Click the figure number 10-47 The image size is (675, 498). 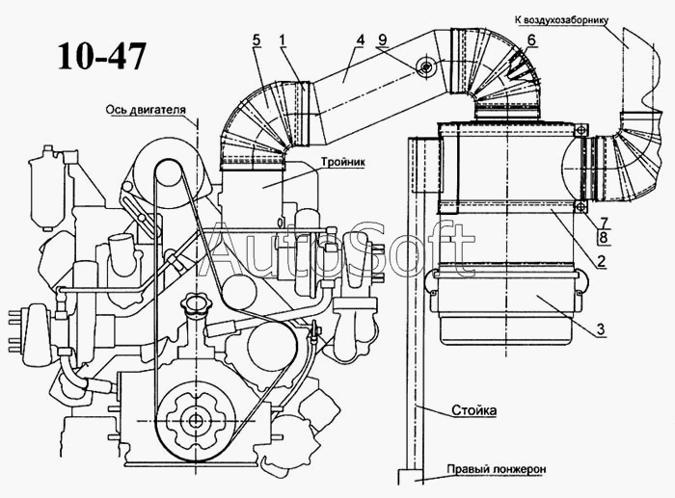100,55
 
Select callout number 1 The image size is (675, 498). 283,39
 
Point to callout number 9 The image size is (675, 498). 383,39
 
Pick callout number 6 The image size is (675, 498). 530,39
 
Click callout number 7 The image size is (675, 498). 601,223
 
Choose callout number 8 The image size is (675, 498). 601,237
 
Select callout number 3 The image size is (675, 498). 601,330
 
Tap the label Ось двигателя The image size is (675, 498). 146,109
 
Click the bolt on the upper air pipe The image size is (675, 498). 425,66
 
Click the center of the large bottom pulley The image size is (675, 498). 196,420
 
